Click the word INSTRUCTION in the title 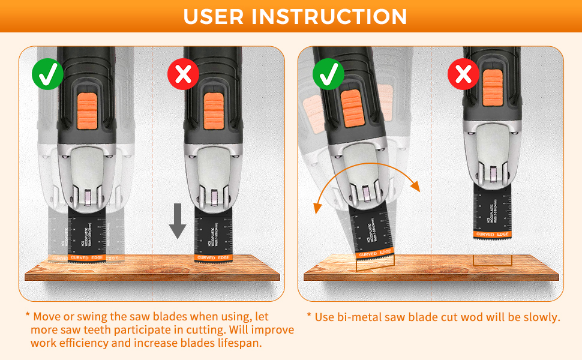[329, 16]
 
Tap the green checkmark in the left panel [48, 74]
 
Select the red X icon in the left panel [183, 74]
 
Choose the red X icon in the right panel [463, 75]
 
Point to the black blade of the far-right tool [492, 210]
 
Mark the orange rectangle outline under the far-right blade [492, 260]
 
